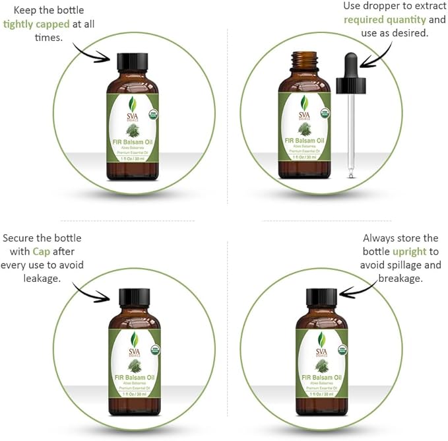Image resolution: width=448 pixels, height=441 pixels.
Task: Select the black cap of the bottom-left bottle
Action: [134, 298]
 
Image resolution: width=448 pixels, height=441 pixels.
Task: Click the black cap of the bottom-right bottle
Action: [321, 297]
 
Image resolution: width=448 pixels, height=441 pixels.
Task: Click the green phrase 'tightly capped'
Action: [36, 24]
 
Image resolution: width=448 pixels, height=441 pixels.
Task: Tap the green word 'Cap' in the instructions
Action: [42, 252]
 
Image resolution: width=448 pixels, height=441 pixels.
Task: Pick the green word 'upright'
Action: [409, 252]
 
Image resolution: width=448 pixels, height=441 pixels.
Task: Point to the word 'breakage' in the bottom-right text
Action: [400, 279]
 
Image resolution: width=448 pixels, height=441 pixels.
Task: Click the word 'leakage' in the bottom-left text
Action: [41, 279]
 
